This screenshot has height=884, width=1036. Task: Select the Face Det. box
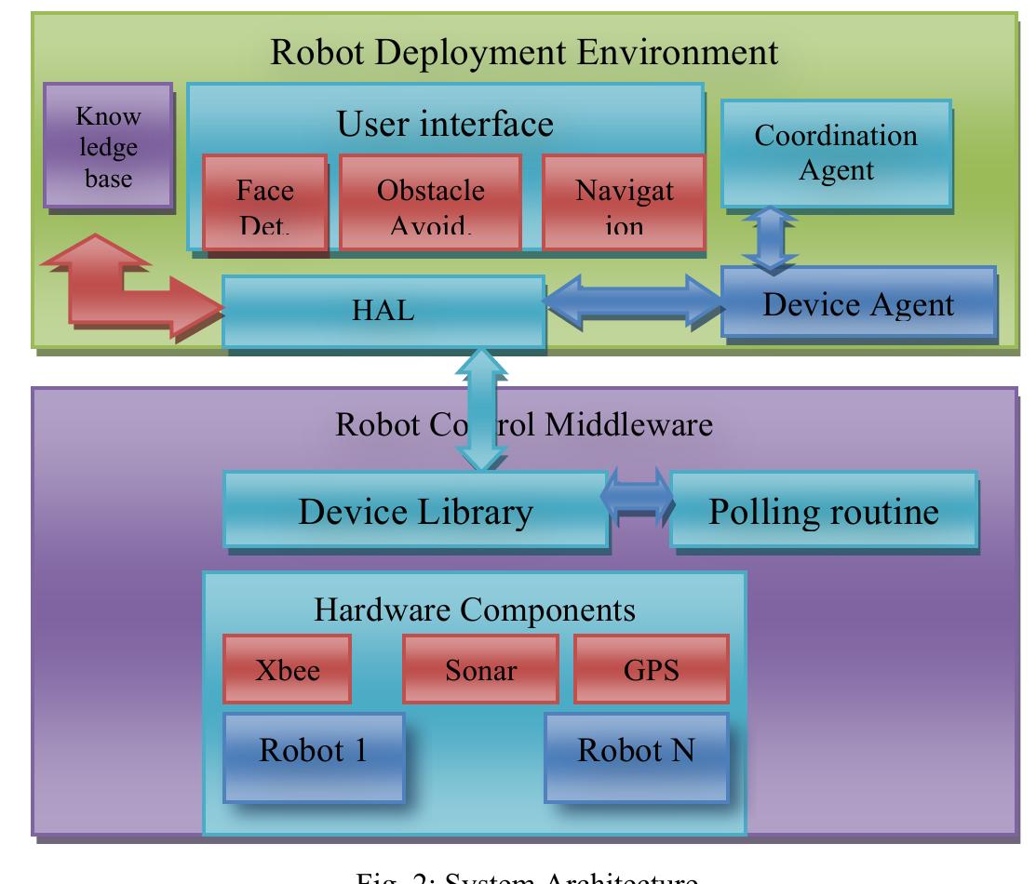[x=265, y=204]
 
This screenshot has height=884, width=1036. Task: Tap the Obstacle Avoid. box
[x=429, y=204]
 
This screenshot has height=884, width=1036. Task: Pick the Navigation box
[x=623, y=204]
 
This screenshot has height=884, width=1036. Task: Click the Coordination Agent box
[x=835, y=153]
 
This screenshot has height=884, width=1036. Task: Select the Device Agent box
[x=857, y=303]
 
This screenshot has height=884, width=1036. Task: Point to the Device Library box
[x=415, y=510]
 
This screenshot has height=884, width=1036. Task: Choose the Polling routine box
[x=824, y=510]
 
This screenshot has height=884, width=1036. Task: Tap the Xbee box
[x=287, y=670]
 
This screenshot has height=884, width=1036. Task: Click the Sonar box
[x=479, y=670]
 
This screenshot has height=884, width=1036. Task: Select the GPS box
[x=650, y=670]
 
